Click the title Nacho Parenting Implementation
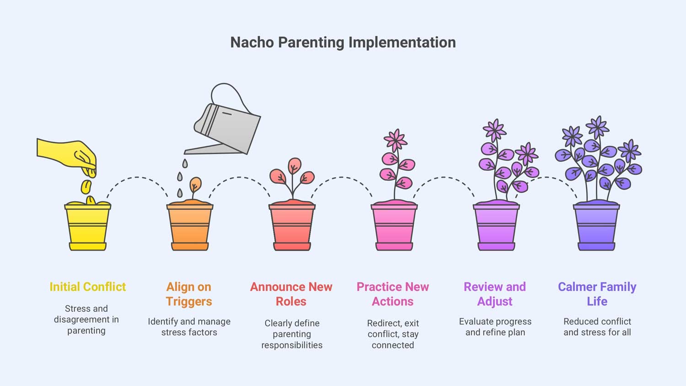(x=343, y=43)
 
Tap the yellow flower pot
(x=88, y=227)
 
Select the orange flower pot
(x=190, y=227)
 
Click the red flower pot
(x=292, y=227)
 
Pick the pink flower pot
(x=394, y=227)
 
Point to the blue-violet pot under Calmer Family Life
(x=596, y=227)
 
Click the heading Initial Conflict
(x=88, y=287)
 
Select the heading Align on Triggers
(x=189, y=294)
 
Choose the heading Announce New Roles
(x=291, y=294)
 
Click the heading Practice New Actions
(x=393, y=294)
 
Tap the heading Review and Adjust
(x=495, y=294)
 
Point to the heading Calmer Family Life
(x=597, y=294)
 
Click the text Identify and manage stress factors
(x=189, y=327)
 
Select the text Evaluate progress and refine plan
(x=495, y=327)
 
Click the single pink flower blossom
(x=396, y=140)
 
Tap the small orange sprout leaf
(x=195, y=184)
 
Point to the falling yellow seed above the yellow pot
(x=86, y=187)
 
